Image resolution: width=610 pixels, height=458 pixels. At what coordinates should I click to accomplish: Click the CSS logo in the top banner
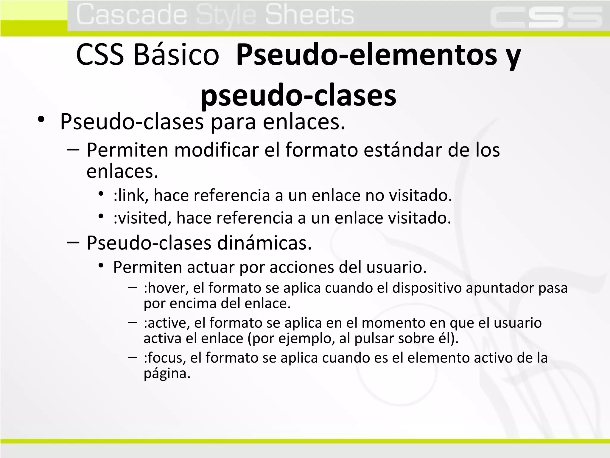[546, 17]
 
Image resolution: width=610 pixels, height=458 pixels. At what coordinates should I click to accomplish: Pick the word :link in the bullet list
[129, 196]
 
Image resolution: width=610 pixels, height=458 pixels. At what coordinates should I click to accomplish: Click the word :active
[166, 323]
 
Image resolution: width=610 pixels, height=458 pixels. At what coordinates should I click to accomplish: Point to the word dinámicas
[264, 243]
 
